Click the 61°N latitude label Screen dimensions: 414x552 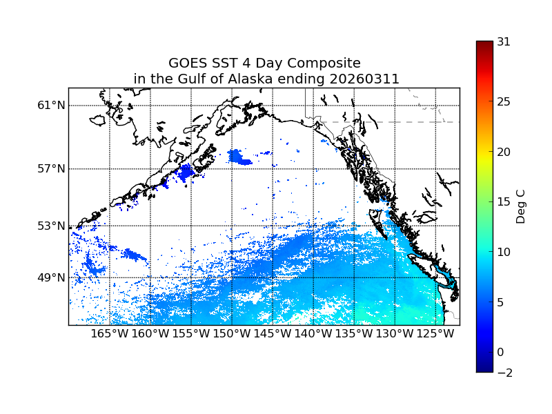pos(51,106)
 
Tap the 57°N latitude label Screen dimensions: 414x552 pos(51,169)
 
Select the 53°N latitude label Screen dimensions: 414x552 pos(51,226)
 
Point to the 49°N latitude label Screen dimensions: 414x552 pos(51,277)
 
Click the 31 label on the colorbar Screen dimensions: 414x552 pos(504,42)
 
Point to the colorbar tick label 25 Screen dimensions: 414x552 pos(504,102)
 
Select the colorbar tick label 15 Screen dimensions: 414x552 pos(504,202)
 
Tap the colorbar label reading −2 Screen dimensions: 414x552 pos(504,373)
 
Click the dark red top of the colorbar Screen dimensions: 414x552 pos(484,44)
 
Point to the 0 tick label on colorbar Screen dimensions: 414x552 pos(500,352)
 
